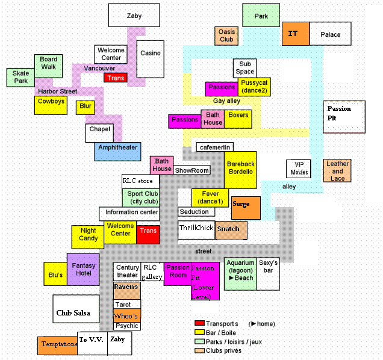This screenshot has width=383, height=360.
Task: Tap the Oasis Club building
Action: (x=226, y=36)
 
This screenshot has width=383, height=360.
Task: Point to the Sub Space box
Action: (x=244, y=67)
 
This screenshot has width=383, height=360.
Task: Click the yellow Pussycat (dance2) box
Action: (x=254, y=87)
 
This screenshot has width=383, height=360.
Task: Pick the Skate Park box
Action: (x=20, y=77)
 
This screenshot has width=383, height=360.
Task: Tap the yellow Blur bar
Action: (x=85, y=107)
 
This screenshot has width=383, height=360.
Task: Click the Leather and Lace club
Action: (x=337, y=170)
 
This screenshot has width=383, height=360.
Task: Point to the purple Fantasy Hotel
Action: (x=83, y=269)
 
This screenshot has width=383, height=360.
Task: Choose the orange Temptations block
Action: (x=57, y=346)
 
